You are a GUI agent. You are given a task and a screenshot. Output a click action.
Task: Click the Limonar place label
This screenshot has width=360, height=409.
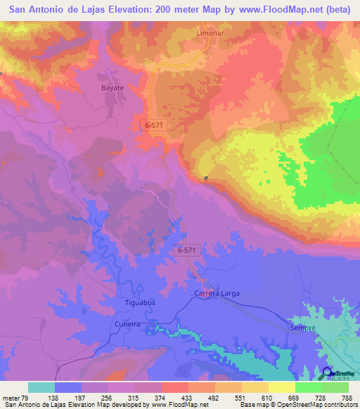[x=210, y=33]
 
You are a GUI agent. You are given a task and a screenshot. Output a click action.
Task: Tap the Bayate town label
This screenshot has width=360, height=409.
[x=109, y=89]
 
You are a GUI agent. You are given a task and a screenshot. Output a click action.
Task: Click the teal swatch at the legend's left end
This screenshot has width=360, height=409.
[x=41, y=387]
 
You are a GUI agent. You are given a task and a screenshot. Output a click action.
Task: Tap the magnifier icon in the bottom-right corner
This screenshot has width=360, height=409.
[x=328, y=374]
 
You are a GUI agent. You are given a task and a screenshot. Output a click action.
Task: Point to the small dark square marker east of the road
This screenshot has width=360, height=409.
[x=206, y=178]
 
